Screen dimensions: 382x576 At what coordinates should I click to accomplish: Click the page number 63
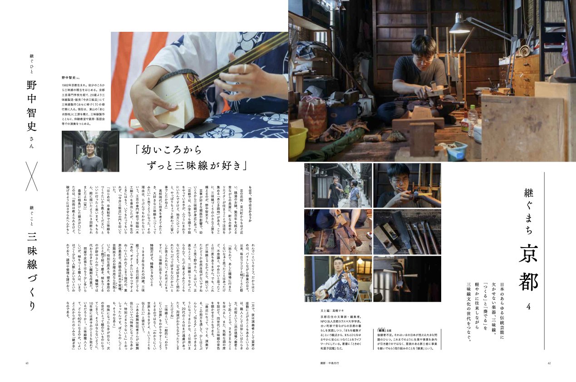[27, 363]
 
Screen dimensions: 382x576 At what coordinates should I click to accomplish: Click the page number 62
[549, 363]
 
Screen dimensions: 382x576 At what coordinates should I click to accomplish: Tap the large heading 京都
[528, 268]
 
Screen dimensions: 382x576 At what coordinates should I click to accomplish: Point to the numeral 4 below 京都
[528, 307]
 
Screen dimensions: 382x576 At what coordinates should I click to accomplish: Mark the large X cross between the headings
[31, 176]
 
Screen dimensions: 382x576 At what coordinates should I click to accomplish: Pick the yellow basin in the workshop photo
[297, 141]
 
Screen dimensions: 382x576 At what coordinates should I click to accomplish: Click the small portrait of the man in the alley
[90, 152]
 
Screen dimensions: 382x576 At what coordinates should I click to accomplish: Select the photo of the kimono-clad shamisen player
[338, 279]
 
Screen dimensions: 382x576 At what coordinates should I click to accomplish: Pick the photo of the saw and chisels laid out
[407, 232]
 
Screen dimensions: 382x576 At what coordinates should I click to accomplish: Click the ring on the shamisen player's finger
[245, 68]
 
